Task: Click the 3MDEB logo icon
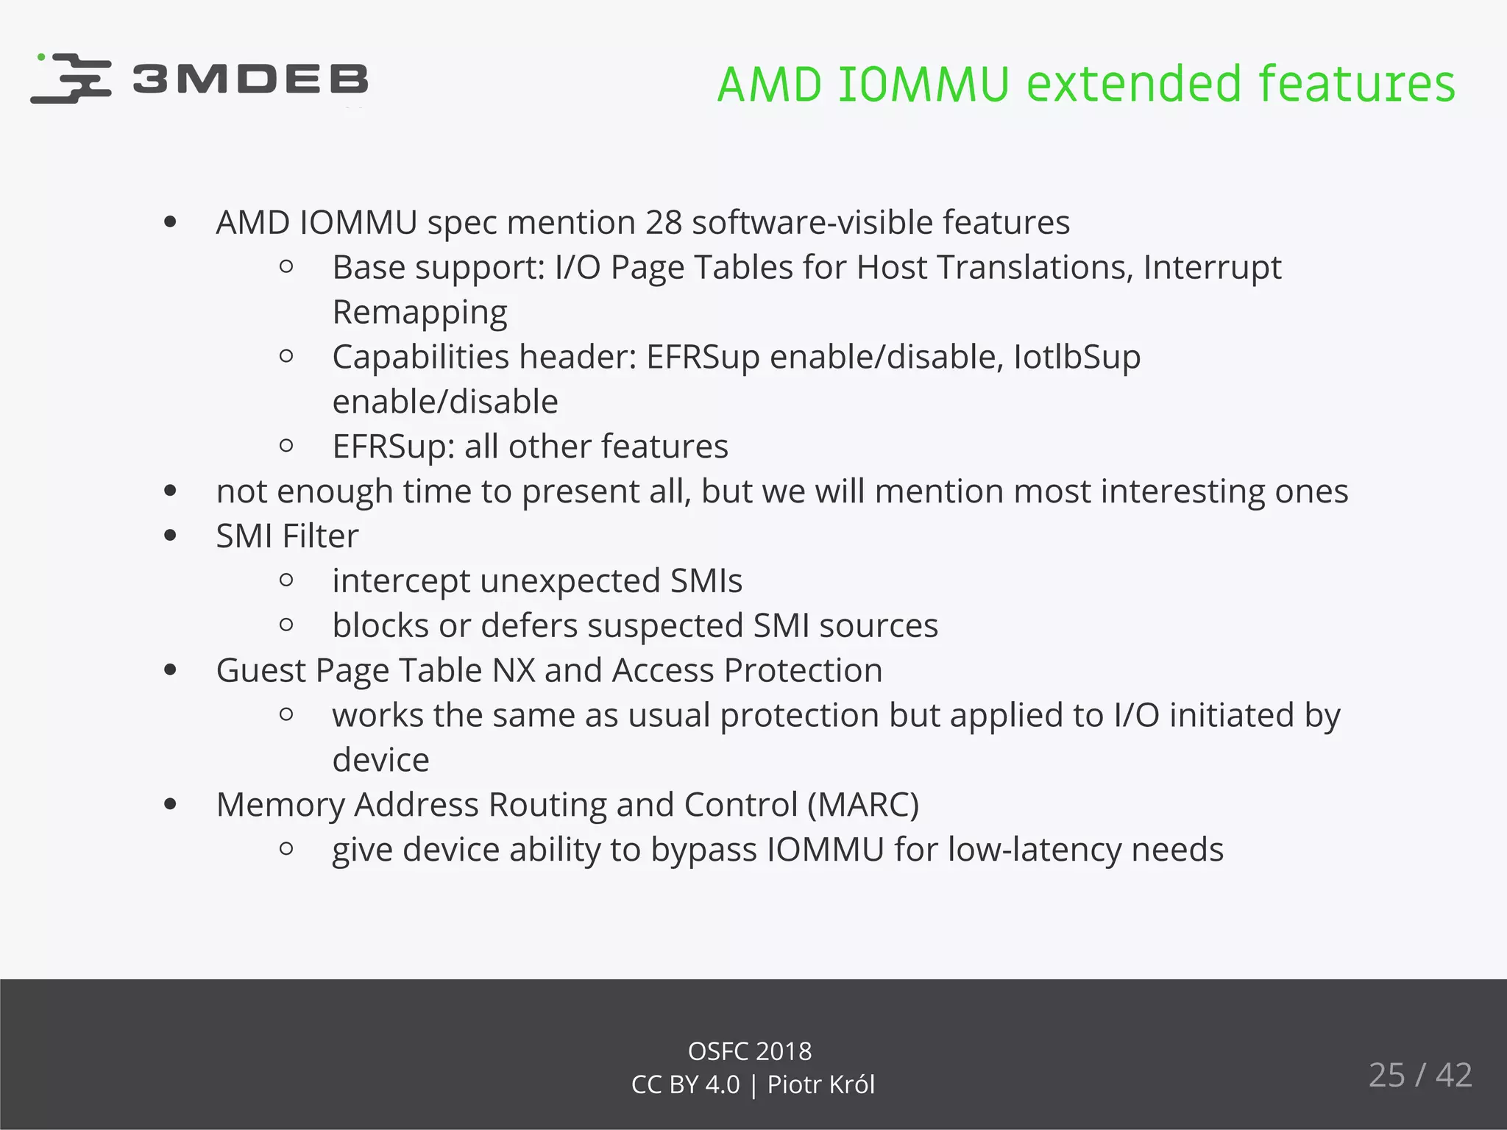pyautogui.click(x=71, y=78)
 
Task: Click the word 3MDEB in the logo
pyautogui.click(x=250, y=79)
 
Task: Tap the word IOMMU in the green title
pyautogui.click(x=923, y=84)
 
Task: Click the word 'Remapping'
pyautogui.click(x=419, y=313)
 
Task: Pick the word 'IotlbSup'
pyautogui.click(x=1077, y=358)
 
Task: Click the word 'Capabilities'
pyautogui.click(x=421, y=358)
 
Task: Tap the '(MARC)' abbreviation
pyautogui.click(x=863, y=805)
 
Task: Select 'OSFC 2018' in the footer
pyautogui.click(x=750, y=1051)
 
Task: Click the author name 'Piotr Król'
pyautogui.click(x=820, y=1085)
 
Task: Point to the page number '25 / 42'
pyautogui.click(x=1419, y=1076)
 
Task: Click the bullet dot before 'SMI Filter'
pyautogui.click(x=171, y=536)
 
